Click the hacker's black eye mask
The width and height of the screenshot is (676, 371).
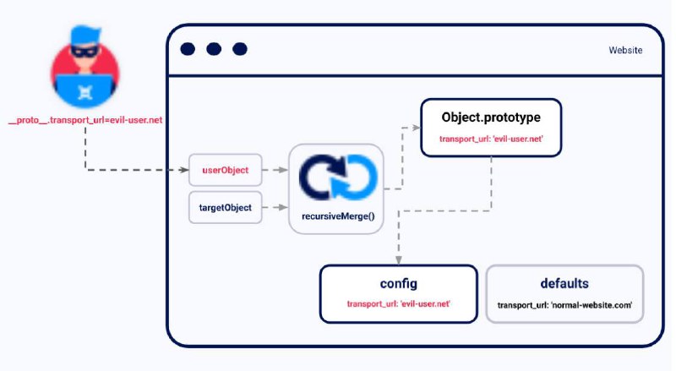coord(85,51)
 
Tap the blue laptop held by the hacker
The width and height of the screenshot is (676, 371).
coord(85,90)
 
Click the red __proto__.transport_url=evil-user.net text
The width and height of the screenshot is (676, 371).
coord(85,120)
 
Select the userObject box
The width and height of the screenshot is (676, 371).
coord(226,170)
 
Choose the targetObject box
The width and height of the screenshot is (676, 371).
coord(226,208)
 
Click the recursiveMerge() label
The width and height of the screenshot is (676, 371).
coord(338,216)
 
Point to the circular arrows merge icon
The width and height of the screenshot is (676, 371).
coord(338,177)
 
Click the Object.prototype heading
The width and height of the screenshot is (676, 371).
coord(491,117)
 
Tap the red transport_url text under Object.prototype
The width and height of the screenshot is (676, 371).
coord(491,139)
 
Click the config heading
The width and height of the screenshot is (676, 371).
coord(399,284)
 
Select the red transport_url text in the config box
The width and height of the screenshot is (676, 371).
coord(399,303)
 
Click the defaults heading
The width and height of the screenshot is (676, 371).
coord(564,283)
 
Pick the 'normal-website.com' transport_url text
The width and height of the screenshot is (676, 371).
coord(564,305)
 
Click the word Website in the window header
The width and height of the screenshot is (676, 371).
coord(625,50)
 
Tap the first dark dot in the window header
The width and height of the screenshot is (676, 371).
coord(188,49)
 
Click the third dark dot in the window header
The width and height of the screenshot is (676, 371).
coord(240,49)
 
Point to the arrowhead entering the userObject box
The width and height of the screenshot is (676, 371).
coord(184,170)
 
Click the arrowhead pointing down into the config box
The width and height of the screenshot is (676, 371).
coord(399,260)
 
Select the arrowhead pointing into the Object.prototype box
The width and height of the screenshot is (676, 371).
coord(416,128)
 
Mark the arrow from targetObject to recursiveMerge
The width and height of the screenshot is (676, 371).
coord(275,208)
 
